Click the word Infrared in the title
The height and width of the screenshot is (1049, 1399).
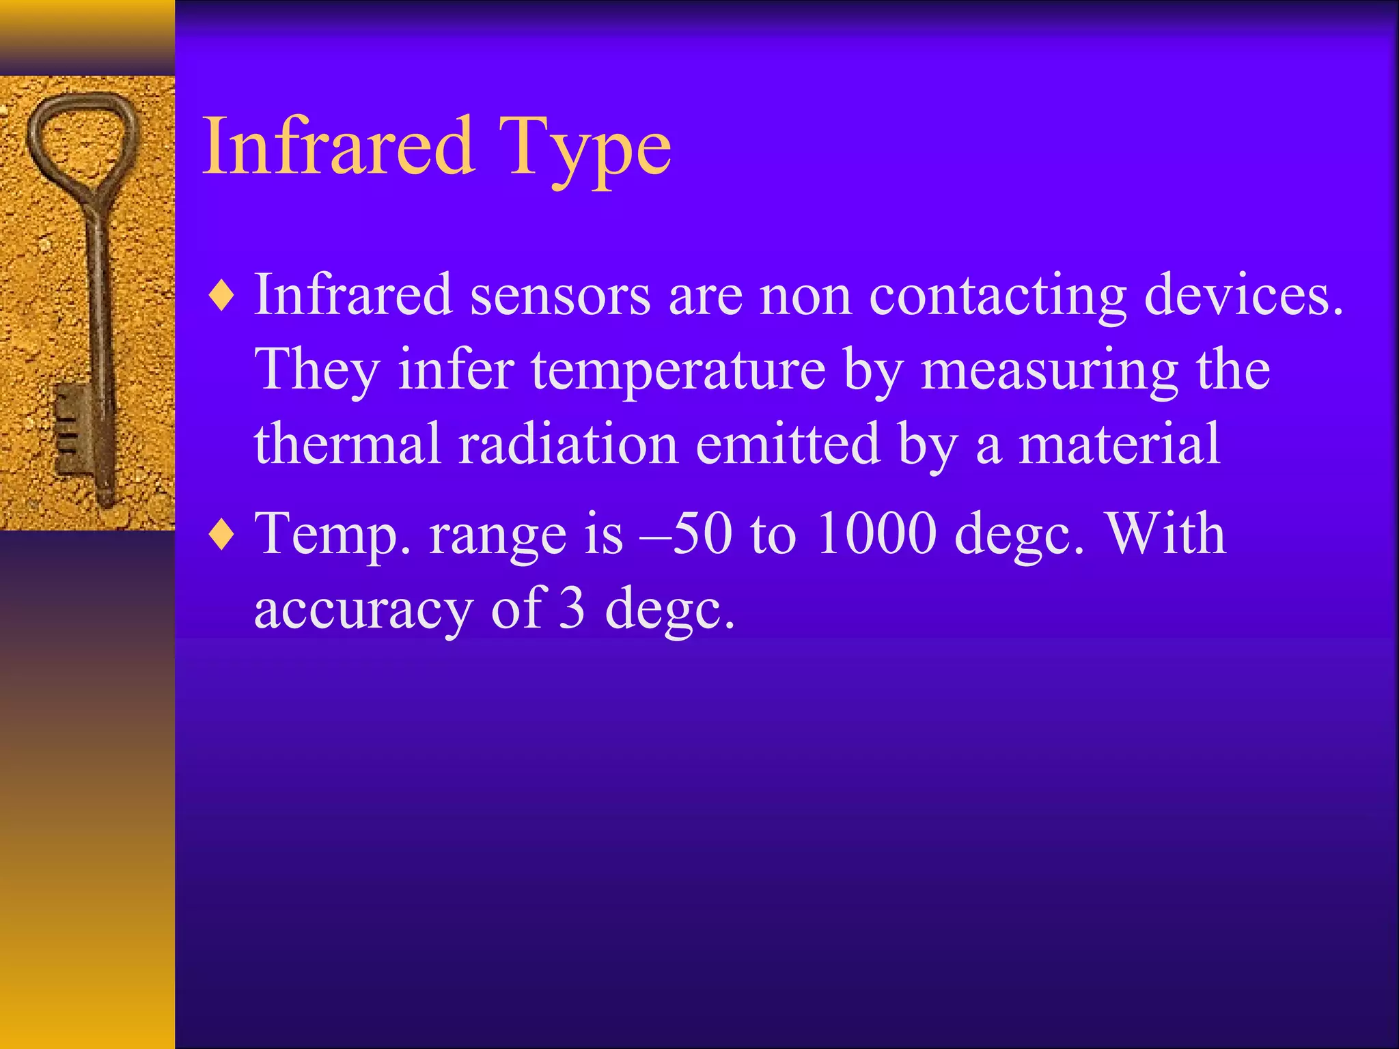pyautogui.click(x=338, y=146)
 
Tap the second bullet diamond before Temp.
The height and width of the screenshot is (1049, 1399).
pyautogui.click(x=223, y=535)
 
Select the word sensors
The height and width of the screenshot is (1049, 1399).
pyautogui.click(x=560, y=295)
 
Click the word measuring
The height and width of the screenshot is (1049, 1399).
pyautogui.click(x=1049, y=370)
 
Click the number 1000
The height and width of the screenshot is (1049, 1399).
pyautogui.click(x=876, y=533)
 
